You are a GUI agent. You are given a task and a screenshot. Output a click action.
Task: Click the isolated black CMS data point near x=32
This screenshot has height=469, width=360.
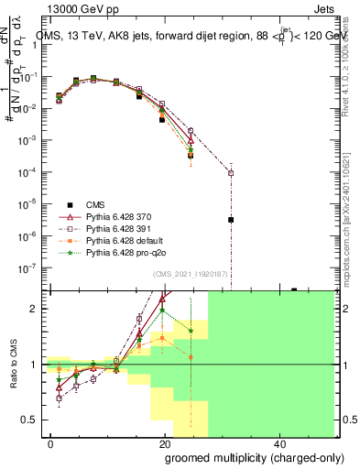pyautogui.click(x=231, y=220)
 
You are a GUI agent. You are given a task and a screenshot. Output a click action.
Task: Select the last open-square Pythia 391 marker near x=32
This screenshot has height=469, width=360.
pyautogui.click(x=231, y=173)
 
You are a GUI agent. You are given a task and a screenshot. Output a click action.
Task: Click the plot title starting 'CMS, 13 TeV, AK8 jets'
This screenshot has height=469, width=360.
pyautogui.click(x=192, y=36)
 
